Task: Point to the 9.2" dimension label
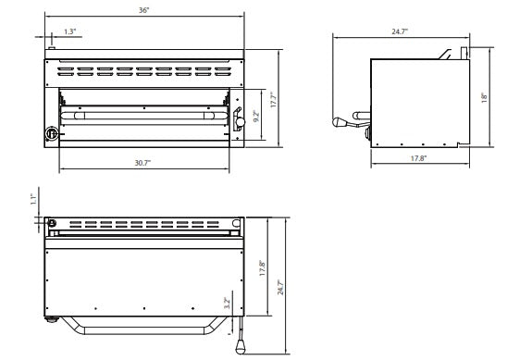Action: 256,118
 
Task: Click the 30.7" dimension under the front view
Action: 142,162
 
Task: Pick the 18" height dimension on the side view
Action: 483,95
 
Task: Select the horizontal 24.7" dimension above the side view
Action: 399,31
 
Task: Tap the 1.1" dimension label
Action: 33,197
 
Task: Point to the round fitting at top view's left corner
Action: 52,222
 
